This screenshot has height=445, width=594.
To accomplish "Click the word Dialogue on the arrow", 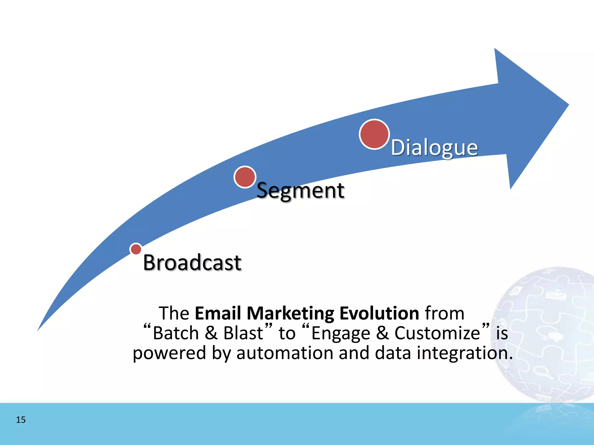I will [434, 148].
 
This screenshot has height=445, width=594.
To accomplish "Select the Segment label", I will [300, 191].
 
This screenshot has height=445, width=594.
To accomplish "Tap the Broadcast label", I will [192, 262].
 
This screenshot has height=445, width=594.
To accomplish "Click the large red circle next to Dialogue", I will [374, 134].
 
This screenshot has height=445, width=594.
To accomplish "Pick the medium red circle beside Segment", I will [245, 177].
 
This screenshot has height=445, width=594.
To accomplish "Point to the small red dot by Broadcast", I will [136, 249].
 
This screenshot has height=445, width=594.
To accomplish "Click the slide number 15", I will [21, 420].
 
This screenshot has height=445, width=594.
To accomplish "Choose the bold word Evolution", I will [379, 313].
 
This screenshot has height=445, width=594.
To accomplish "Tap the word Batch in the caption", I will [175, 333].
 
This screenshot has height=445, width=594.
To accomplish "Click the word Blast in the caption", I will [243, 333].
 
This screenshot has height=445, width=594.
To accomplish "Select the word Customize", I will [437, 333].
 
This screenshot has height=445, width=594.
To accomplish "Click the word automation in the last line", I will [285, 353].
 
